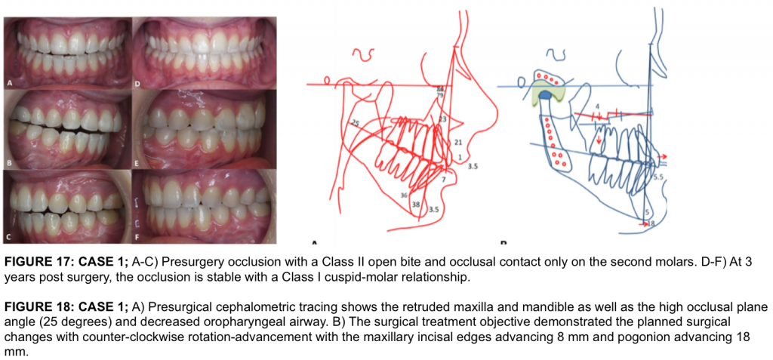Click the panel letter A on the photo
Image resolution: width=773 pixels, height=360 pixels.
11,84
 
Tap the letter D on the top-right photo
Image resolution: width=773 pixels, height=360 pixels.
139,84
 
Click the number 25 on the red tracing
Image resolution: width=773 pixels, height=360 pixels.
356,122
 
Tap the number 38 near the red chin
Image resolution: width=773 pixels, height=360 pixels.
415,204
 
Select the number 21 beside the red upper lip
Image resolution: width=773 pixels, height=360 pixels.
458,142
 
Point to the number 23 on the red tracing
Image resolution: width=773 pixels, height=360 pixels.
442,119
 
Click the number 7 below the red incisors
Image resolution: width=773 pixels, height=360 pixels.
444,180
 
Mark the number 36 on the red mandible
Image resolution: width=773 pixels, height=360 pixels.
405,195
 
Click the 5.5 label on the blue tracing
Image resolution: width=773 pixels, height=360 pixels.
658,177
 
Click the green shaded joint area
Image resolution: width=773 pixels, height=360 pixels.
549,92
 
